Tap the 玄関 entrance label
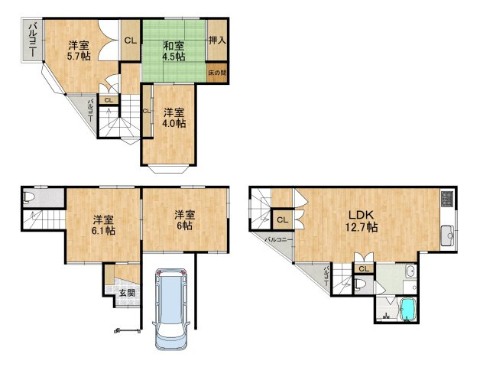click(x=126, y=292)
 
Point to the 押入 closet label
click(x=217, y=41)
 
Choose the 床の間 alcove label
click(x=217, y=73)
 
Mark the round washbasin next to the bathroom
click(x=410, y=271)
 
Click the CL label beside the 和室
click(x=130, y=41)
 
